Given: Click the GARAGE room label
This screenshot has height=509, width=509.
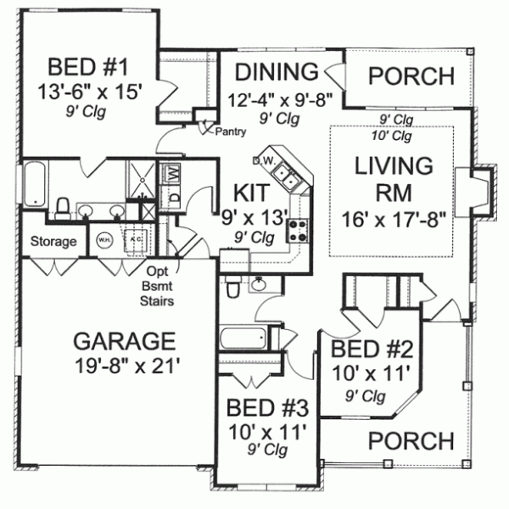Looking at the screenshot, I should pos(124,341).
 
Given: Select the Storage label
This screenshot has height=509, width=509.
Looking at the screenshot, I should pos(53,242).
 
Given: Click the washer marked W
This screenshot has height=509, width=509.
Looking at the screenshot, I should pos(174,173).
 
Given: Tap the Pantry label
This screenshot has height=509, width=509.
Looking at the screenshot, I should pos(230,132).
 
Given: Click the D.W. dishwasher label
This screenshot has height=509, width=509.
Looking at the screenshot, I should pos(261,159).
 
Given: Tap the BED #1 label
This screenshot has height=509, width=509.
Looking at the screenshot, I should pos(87,66).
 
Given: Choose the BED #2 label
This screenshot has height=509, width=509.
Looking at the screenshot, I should pos(371,350).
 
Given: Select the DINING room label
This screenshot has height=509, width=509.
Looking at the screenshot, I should pos(277,71).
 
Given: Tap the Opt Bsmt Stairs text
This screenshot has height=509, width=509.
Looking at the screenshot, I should pos(159,286).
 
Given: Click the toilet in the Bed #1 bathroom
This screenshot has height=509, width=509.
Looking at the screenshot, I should pos(62,207).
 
